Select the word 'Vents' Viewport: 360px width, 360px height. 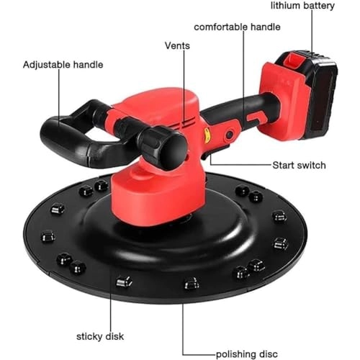coord(177,46)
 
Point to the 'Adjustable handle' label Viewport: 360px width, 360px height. coord(63,65)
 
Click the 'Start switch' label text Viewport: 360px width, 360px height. coord(299,166)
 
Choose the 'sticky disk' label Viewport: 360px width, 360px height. coord(101,336)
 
